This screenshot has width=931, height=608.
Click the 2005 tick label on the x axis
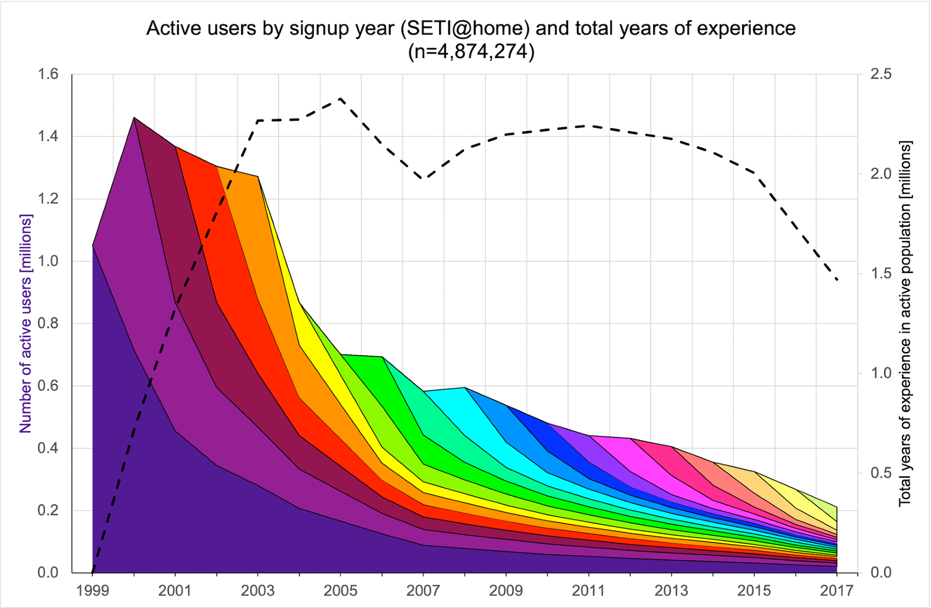[340, 591]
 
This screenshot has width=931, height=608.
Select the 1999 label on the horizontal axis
[93, 591]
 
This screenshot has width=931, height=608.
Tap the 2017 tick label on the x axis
[837, 591]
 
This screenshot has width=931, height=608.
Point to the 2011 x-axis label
[588, 591]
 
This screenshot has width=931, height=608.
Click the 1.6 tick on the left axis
[48, 74]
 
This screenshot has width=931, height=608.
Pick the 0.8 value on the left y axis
[48, 324]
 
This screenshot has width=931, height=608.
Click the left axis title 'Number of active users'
[26, 324]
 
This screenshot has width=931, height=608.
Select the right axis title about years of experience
[905, 324]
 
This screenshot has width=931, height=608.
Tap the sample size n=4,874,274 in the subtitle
[471, 51]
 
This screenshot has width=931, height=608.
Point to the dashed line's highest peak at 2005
[340, 98]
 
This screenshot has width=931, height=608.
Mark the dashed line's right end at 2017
[837, 279]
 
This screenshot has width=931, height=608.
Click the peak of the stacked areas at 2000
[134, 118]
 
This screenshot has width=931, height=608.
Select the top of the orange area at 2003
[257, 176]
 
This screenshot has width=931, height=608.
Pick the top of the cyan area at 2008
[465, 387]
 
